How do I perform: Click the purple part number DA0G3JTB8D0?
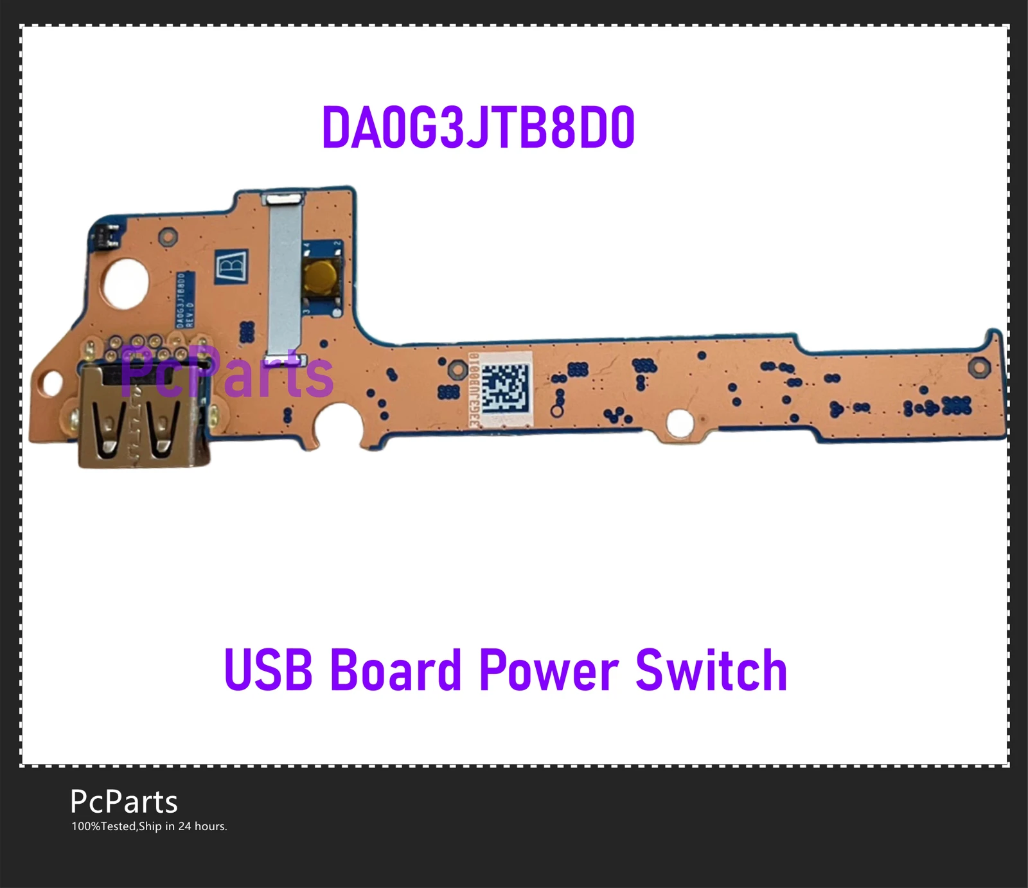(478, 128)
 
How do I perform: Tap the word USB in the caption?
(269, 670)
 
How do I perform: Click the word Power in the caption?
(549, 670)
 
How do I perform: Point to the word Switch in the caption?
(711, 670)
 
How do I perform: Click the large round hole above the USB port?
(126, 283)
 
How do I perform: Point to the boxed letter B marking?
(232, 263)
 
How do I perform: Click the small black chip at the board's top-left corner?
(107, 238)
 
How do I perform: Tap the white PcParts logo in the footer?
(123, 802)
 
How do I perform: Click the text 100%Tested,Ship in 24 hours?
(149, 826)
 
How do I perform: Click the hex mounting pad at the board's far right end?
(979, 367)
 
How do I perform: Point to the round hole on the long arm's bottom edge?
(680, 423)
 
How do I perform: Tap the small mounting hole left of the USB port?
(52, 384)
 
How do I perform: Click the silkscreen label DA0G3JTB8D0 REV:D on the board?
(185, 299)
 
